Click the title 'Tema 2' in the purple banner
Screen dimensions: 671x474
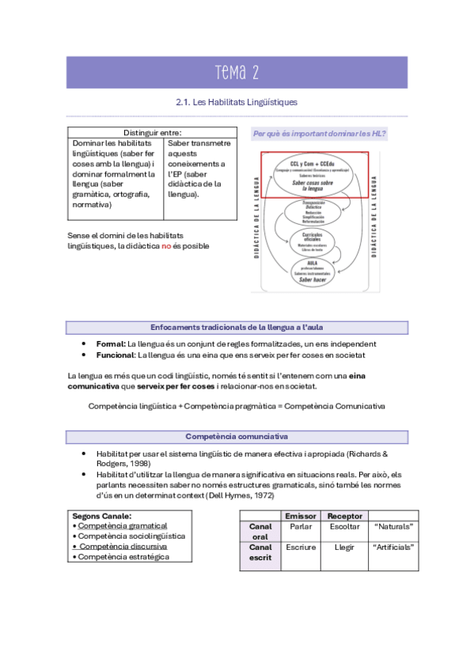237,74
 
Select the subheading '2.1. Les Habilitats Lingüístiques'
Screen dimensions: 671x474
237,102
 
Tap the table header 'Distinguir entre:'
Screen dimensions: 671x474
152,132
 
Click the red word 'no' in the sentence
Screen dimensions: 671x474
166,246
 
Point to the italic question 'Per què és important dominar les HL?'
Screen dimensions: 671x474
319,134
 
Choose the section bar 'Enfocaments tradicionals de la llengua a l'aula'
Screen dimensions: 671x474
237,327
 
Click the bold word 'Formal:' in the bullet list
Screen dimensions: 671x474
109,344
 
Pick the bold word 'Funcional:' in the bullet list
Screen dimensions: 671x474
114,355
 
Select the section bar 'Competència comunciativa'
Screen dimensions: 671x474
237,437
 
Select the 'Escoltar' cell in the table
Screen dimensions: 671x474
344,526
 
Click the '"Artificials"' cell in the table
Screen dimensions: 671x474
393,547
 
